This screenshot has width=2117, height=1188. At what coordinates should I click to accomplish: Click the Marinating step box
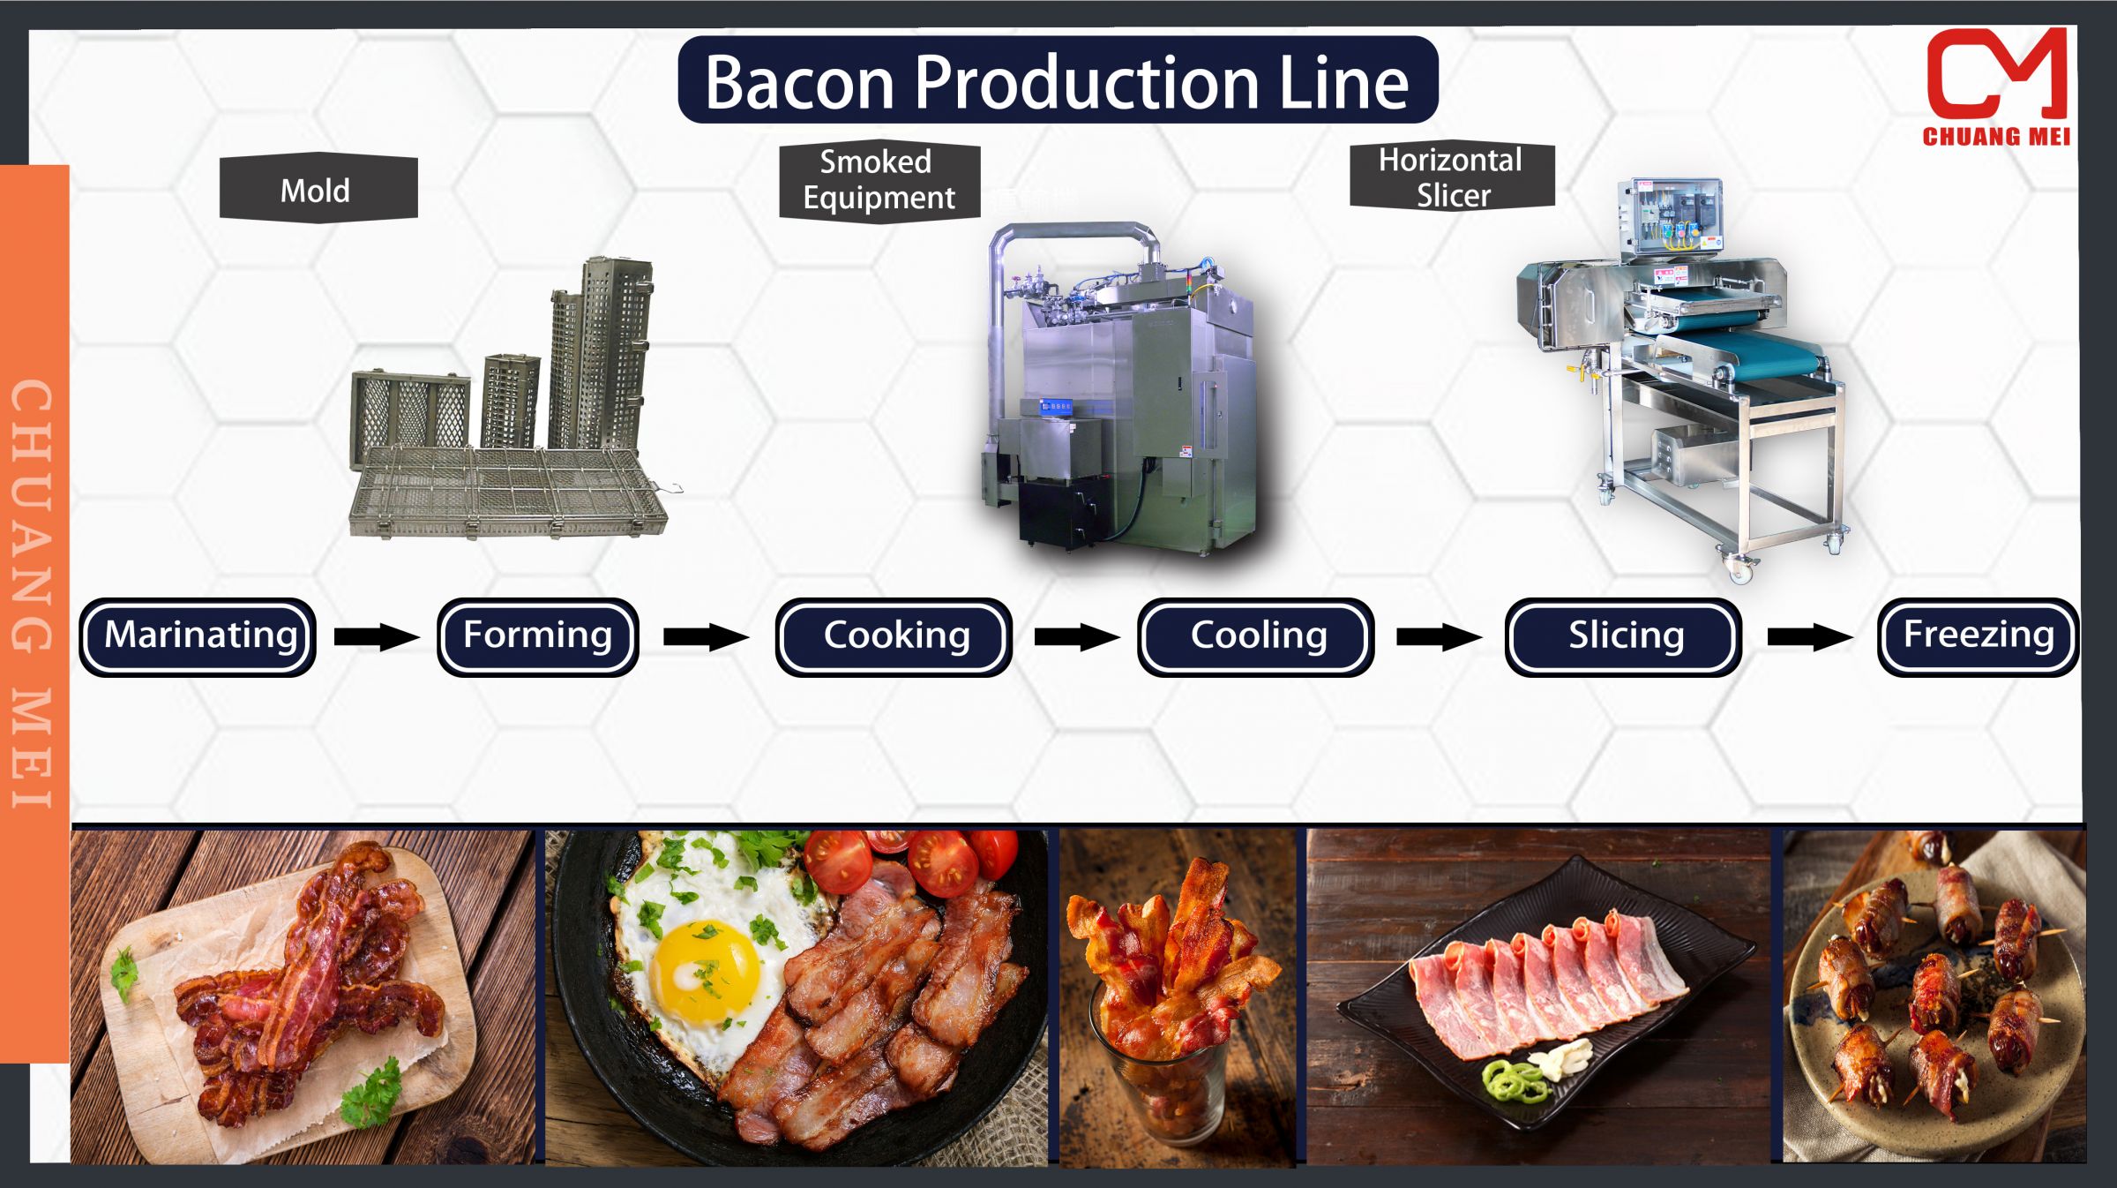[198, 636]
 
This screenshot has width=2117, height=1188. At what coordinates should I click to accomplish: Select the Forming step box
[537, 636]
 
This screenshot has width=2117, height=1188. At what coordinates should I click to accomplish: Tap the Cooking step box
[894, 636]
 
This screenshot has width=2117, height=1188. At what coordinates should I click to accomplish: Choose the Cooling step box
[1255, 636]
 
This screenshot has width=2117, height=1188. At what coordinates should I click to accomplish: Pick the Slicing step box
[1623, 636]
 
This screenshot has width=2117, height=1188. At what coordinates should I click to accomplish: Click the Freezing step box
[1978, 636]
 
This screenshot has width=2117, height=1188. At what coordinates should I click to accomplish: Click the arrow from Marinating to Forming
[376, 636]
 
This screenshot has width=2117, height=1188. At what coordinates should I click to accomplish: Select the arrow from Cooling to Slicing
[1438, 636]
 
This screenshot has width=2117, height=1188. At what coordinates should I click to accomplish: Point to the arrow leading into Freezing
[1809, 636]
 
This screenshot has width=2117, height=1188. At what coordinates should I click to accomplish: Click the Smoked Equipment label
[879, 180]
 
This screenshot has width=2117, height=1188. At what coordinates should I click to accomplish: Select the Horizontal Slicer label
[1451, 177]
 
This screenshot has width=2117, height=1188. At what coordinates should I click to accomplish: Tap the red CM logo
[1995, 78]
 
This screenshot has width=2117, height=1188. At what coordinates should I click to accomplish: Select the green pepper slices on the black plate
[1514, 1082]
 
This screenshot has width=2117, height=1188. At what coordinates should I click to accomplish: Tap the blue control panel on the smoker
[1055, 406]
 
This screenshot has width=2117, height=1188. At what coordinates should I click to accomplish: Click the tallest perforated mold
[617, 353]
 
